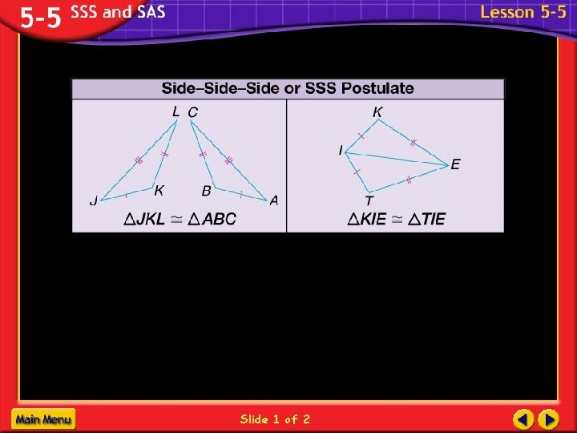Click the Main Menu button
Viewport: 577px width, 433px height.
tap(43, 419)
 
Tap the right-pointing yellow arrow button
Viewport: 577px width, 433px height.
tap(548, 419)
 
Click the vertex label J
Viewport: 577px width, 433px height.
tap(94, 201)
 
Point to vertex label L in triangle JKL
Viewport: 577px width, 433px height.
tap(176, 112)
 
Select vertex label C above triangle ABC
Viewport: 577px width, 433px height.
tap(192, 112)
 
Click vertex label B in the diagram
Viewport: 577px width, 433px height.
tap(206, 191)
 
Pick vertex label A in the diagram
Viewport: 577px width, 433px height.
tap(274, 200)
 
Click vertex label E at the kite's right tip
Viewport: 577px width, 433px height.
tap(455, 164)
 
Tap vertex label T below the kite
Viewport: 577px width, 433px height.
tap(369, 201)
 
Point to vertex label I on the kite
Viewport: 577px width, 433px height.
tap(341, 150)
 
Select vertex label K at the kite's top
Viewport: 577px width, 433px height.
tap(377, 112)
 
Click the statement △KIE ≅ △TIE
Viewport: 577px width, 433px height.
tap(397, 218)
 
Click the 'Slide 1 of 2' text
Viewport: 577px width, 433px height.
tap(275, 419)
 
